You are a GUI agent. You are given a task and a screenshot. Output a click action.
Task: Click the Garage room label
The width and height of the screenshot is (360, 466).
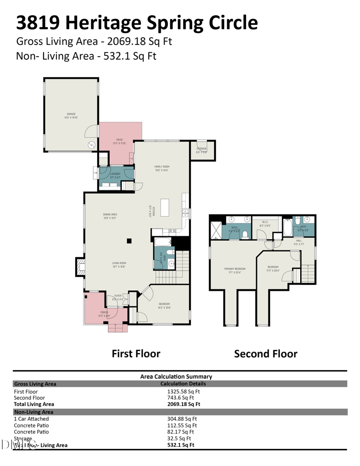pos(71,114)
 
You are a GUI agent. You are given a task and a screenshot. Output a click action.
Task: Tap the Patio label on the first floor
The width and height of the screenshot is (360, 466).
pos(119,140)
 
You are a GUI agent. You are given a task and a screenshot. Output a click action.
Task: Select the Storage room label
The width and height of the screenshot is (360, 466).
pos(202,149)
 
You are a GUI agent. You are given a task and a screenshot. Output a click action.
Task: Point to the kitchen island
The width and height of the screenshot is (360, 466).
pos(165,207)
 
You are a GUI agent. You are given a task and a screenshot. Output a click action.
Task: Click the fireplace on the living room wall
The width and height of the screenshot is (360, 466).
pos(80,267)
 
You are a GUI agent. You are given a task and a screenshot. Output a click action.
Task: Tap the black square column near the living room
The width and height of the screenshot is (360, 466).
pos(129,240)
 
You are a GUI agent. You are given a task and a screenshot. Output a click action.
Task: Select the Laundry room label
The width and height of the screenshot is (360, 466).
pos(115,173)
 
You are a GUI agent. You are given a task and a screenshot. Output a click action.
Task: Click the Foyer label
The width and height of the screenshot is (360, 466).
pos(117,295)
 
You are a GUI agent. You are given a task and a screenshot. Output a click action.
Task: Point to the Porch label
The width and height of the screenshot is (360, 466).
pos(104,312)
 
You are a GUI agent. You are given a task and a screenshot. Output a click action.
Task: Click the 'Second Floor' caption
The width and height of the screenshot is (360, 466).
pos(265,354)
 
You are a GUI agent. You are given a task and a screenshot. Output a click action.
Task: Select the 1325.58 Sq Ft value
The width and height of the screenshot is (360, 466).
pos(184,391)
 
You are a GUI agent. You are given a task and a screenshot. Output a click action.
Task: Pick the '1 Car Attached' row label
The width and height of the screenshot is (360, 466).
pos(31,419)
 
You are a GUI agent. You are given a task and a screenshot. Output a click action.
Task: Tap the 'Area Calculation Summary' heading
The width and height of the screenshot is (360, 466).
pos(176,376)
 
